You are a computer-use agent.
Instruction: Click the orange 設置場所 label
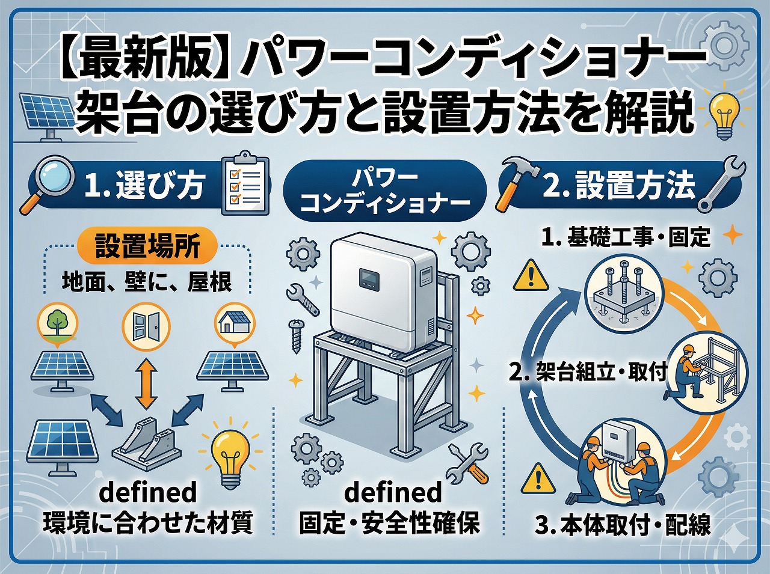pyautogui.click(x=147, y=246)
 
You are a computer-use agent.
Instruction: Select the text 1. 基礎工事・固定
pyautogui.click(x=626, y=237)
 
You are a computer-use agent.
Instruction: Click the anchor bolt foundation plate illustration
pyautogui.click(x=626, y=293)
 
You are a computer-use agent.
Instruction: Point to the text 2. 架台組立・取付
pyautogui.click(x=588, y=373)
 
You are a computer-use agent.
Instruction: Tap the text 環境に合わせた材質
pyautogui.click(x=147, y=524)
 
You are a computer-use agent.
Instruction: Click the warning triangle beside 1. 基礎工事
pyautogui.click(x=531, y=275)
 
